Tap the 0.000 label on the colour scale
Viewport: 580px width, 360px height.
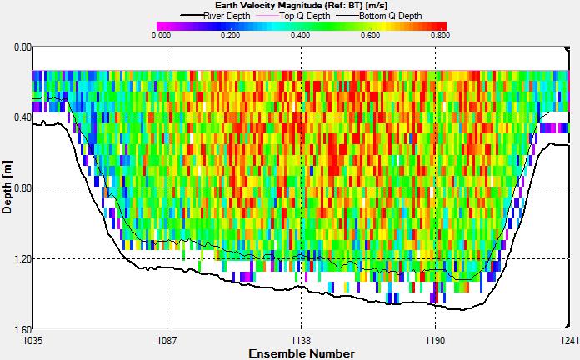162,35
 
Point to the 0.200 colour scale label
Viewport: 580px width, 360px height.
231,35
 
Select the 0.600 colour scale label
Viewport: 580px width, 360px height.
370,35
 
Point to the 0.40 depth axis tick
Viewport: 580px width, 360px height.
18,117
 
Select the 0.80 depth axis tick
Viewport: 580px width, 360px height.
18,188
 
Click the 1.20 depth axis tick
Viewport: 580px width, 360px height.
18,259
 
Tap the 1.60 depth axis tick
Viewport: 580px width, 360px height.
18,330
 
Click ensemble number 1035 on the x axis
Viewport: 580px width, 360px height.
33,340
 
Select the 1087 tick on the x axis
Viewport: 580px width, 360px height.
167,340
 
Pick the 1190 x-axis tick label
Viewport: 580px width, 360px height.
435,340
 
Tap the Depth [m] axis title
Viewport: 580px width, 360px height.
7,187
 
